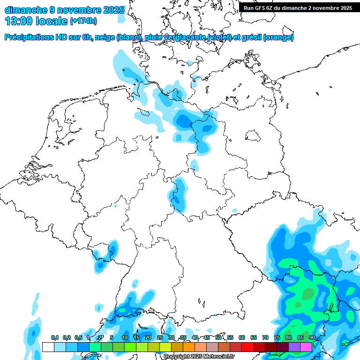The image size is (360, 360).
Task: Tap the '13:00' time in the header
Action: [19, 21]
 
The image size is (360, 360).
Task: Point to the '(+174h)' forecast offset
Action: [83, 22]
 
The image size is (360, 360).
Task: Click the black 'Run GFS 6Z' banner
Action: [297, 7]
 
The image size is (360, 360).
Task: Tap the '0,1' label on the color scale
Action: [55, 338]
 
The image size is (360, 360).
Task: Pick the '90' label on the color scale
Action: [312, 338]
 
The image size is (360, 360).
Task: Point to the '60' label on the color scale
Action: [242, 338]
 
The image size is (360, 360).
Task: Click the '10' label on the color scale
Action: [125, 338]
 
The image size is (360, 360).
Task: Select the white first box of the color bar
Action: [48, 347]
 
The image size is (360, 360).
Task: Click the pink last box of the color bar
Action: [306, 347]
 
